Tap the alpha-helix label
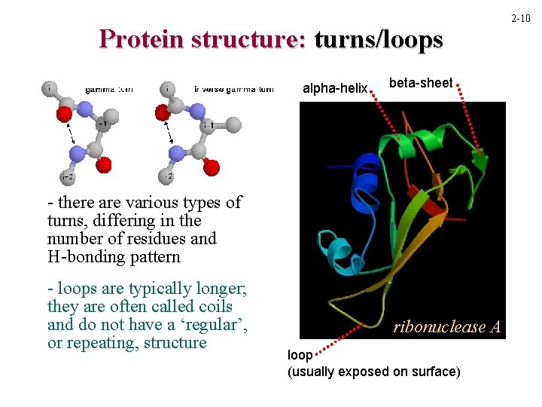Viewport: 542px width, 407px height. (x=334, y=89)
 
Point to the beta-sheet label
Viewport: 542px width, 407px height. (x=421, y=83)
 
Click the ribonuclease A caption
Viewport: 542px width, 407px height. (x=446, y=327)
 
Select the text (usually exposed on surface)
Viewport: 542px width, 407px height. (x=373, y=372)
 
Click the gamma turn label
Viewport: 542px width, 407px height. (x=108, y=89)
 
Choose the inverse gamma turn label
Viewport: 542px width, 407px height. (x=234, y=89)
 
